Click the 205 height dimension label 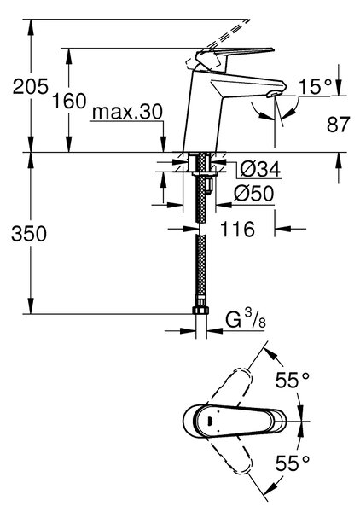tap(31, 86)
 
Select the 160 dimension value tap(69, 101)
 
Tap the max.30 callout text tap(127, 112)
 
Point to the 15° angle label tap(315, 86)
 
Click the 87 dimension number tap(339, 125)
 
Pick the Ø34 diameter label tap(260, 169)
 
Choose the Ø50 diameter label tap(253, 194)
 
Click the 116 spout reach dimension tap(237, 229)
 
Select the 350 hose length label tap(29, 234)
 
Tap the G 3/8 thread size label tap(246, 320)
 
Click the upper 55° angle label tap(292, 380)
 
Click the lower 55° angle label tap(292, 463)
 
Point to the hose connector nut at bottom tap(200, 309)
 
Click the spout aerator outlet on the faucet tap(274, 95)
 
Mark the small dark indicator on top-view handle tap(211, 421)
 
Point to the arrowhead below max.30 tap(163, 144)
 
